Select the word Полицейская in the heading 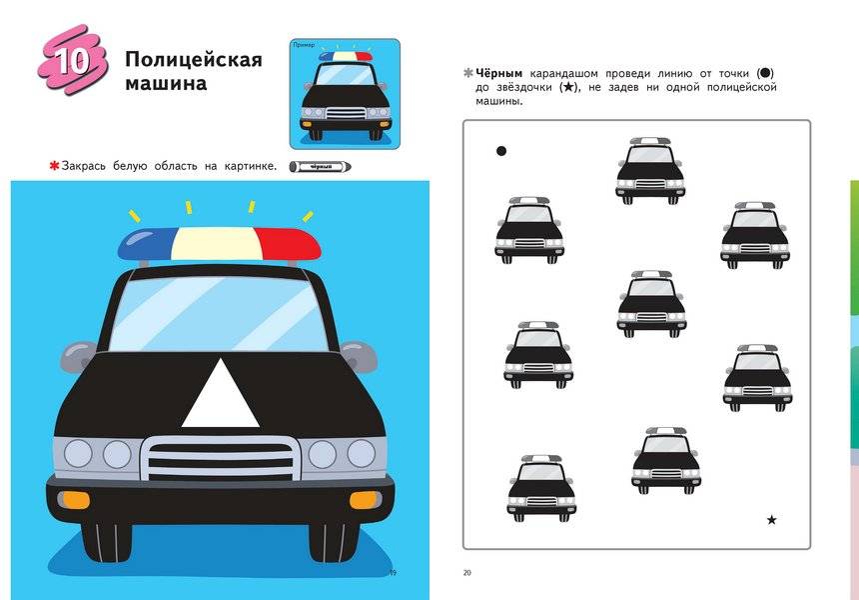193,60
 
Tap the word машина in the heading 166,84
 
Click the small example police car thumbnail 345,95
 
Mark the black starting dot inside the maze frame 501,152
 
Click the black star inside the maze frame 771,520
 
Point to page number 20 466,573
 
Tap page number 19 393,572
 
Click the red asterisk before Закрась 53,166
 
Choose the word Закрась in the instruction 89,166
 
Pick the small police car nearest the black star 666,459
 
